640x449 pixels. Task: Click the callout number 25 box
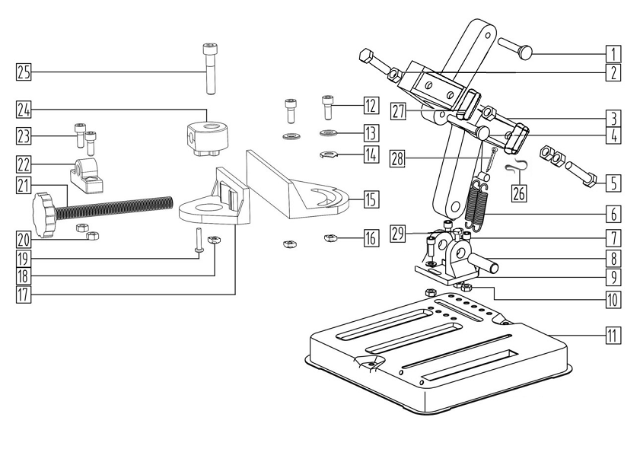23,72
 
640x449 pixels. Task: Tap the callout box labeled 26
519,193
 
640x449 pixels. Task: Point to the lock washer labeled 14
328,157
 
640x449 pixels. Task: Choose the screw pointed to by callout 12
328,107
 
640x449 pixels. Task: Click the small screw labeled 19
199,241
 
